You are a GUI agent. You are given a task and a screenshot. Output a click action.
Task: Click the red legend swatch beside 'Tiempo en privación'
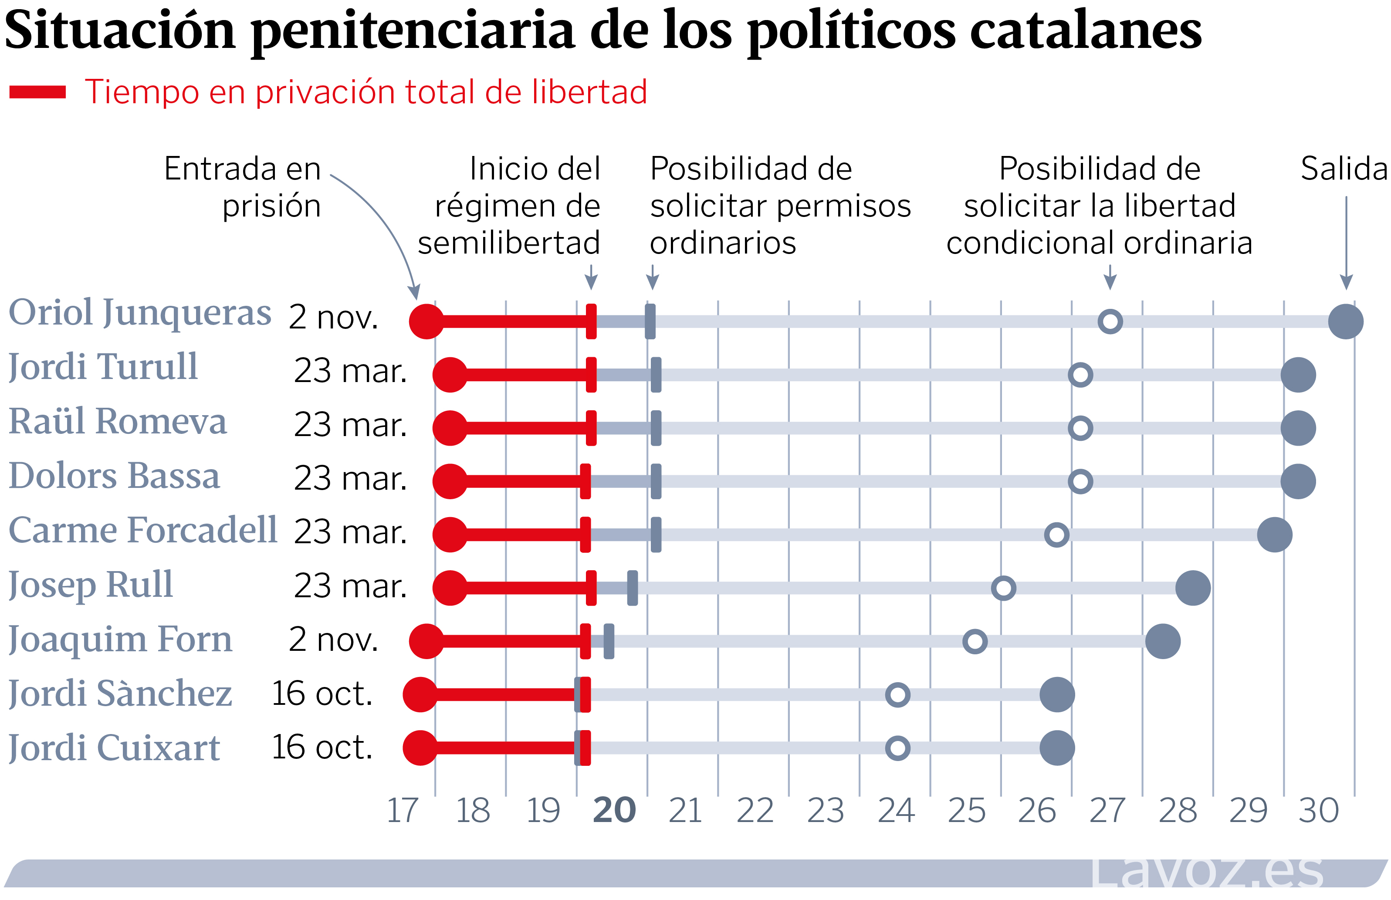(37, 92)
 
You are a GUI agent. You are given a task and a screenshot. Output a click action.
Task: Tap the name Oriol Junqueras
(140, 313)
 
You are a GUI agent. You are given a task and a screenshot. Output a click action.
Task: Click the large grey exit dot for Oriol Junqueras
(1345, 321)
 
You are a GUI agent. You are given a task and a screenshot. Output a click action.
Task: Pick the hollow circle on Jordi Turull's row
(1080, 375)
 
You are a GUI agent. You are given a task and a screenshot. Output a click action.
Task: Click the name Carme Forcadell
(142, 530)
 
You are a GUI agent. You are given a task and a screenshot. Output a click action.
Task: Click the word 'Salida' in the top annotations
(1343, 169)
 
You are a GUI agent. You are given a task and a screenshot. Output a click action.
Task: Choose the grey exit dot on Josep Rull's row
(1192, 588)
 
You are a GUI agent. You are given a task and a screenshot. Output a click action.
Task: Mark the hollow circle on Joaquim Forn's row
(974, 641)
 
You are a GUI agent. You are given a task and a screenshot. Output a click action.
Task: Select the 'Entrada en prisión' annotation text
(243, 187)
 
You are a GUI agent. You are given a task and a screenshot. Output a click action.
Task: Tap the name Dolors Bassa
(115, 476)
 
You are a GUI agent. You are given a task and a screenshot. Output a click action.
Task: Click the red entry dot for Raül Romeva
(450, 428)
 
